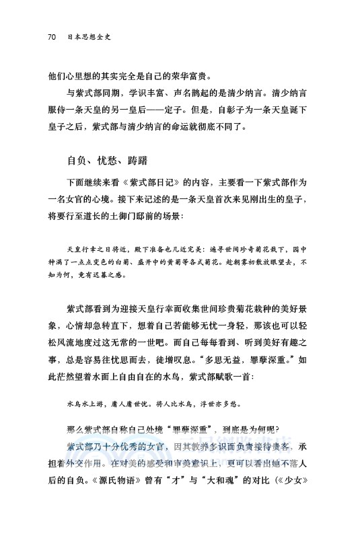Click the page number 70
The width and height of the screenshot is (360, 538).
(51, 36)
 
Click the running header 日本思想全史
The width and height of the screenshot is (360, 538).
(89, 36)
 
